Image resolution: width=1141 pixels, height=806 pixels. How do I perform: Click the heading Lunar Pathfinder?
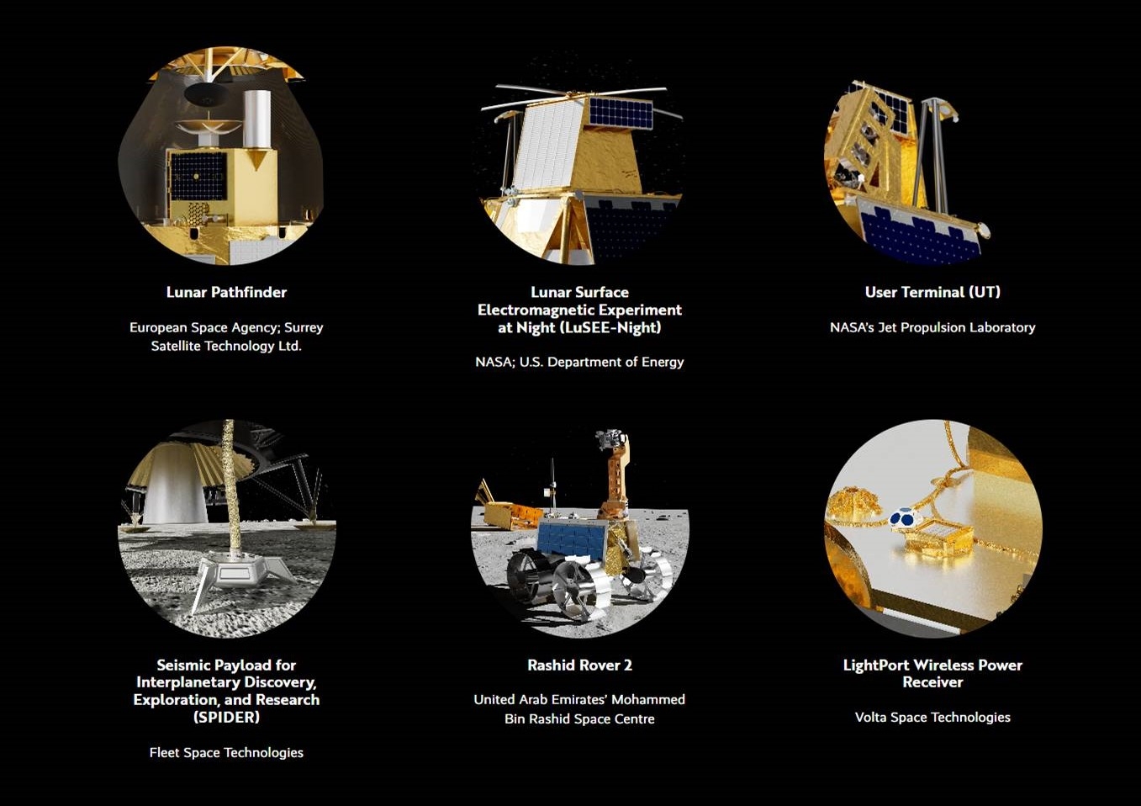[226, 292]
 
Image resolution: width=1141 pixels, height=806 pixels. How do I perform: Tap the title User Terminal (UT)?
[932, 292]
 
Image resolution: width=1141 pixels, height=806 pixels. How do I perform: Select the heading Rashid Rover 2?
[579, 665]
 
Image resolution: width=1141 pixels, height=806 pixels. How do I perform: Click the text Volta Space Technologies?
[932, 718]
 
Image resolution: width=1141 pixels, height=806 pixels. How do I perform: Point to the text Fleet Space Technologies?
[226, 752]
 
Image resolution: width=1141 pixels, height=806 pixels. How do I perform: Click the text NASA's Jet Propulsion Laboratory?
[932, 327]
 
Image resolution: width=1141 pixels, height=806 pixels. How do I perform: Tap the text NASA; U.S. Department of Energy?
[579, 362]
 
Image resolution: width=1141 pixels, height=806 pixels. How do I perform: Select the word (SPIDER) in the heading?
[226, 718]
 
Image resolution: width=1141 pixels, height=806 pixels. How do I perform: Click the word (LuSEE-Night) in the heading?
[610, 327]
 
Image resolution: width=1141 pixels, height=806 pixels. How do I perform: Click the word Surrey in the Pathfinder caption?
[304, 327]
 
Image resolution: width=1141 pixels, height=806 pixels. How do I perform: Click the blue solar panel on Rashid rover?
[572, 539]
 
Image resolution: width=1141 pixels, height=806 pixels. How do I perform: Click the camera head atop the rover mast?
[610, 438]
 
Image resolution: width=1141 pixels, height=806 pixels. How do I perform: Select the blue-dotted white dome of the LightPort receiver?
[906, 518]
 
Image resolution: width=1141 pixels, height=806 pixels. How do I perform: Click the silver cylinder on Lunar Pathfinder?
[257, 119]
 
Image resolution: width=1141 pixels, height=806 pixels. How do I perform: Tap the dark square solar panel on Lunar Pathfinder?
[198, 177]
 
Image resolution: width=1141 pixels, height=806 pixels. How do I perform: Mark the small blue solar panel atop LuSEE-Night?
[621, 113]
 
